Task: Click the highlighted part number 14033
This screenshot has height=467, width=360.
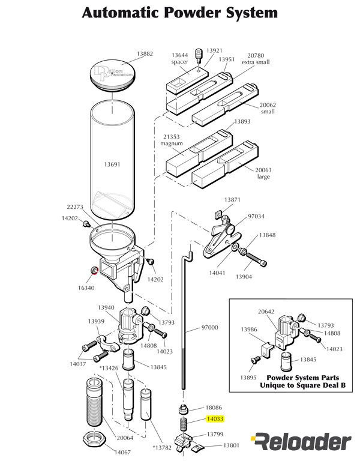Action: point(215,420)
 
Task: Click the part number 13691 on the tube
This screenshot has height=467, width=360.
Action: point(113,163)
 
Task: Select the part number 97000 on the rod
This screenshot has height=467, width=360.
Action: point(209,328)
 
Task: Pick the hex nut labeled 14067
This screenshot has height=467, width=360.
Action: point(94,436)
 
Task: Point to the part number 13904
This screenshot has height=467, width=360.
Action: point(243,277)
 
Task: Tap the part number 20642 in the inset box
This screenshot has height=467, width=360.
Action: point(266,312)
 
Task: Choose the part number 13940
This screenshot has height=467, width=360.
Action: point(106,307)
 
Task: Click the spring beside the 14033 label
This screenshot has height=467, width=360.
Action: point(184,426)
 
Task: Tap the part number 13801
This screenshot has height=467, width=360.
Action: point(231,445)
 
